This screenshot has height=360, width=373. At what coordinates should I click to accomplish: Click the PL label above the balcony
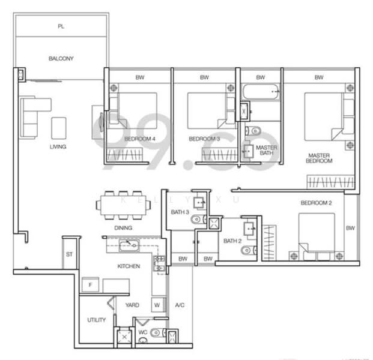click(x=61, y=26)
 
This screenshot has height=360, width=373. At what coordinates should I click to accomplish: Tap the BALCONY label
click(x=61, y=59)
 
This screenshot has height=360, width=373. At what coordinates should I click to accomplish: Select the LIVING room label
click(x=58, y=147)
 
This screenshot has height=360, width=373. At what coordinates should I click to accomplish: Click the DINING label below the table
click(x=123, y=228)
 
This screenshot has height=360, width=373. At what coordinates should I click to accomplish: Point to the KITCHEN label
click(x=129, y=266)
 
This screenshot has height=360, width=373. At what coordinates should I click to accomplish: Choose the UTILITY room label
click(x=96, y=320)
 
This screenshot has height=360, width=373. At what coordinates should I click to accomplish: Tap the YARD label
click(x=132, y=305)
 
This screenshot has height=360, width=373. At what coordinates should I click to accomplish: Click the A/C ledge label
click(x=179, y=305)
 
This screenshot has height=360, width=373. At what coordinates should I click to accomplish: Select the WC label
click(x=142, y=331)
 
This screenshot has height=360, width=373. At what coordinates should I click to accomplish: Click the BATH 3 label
click(x=180, y=212)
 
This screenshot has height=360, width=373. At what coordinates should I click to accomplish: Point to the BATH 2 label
click(x=232, y=241)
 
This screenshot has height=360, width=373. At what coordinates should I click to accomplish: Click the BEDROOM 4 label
click(x=139, y=139)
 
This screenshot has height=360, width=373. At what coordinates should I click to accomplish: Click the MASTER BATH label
click(x=266, y=150)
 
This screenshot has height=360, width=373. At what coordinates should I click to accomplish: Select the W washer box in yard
click(x=157, y=304)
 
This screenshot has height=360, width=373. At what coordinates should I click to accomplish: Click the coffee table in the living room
click(x=59, y=128)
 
